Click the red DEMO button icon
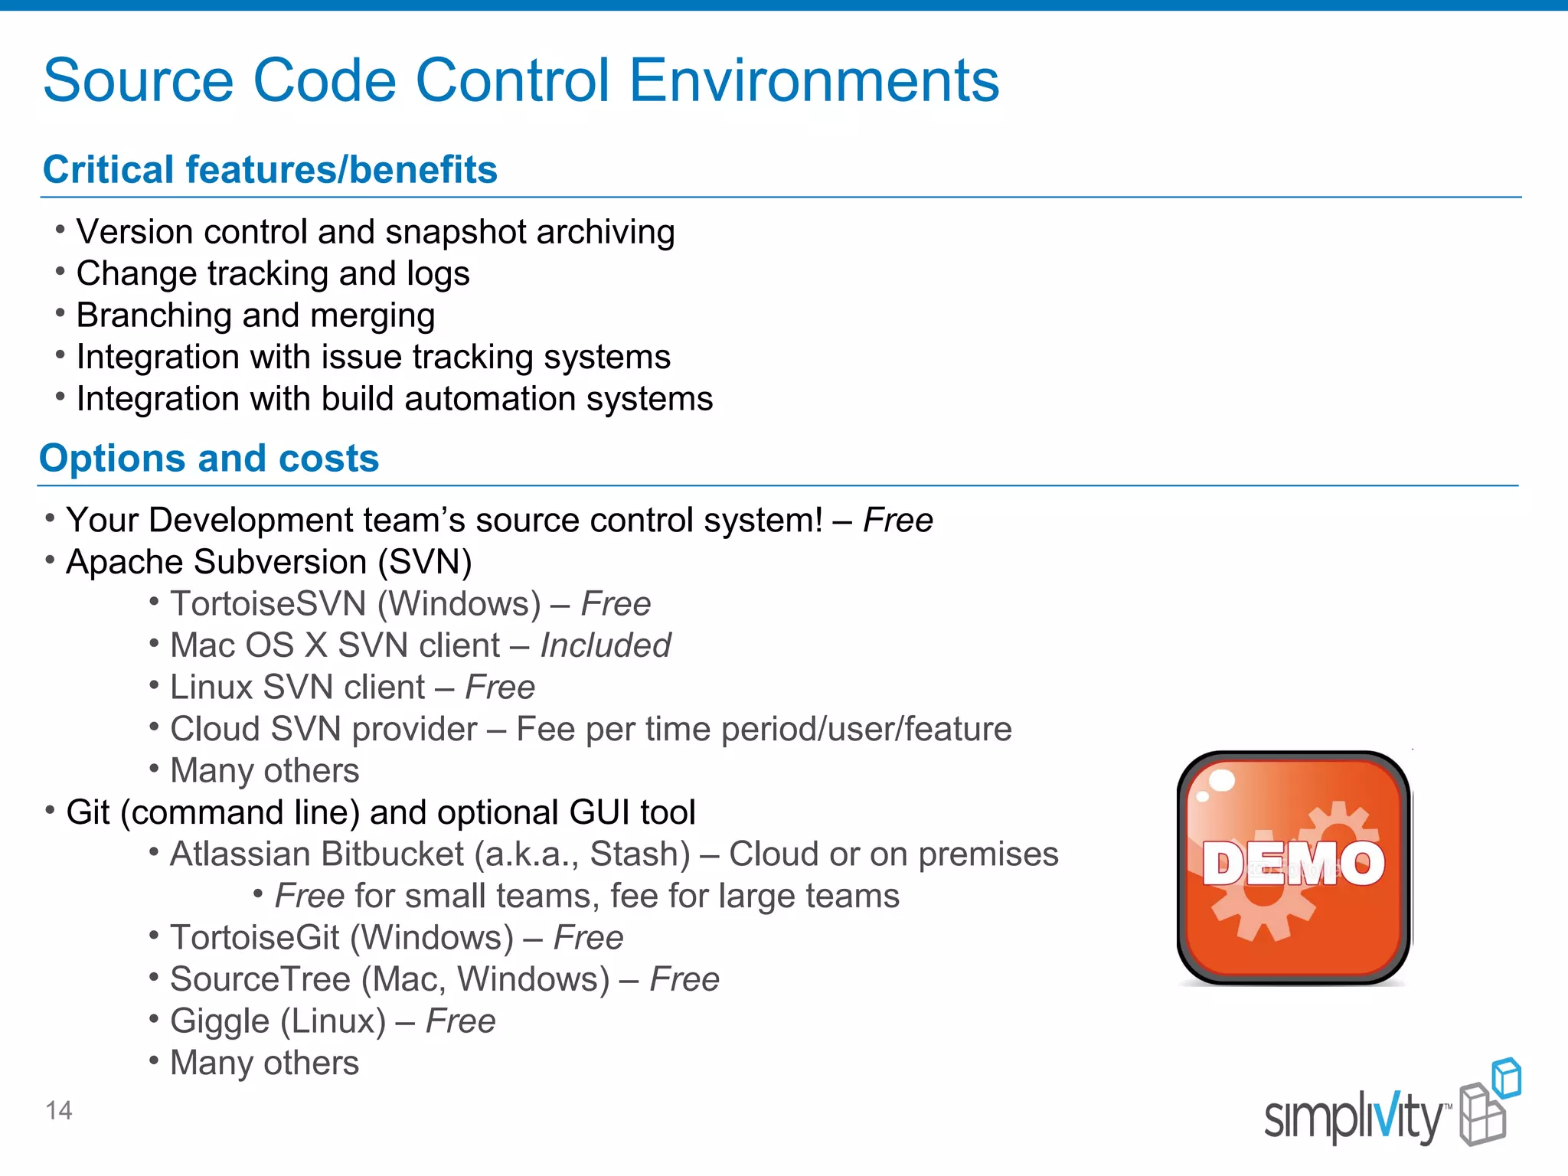click(x=1294, y=867)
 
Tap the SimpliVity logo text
click(x=1353, y=1119)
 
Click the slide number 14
click(x=59, y=1110)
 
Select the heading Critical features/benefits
click(x=269, y=169)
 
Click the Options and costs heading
click(x=209, y=458)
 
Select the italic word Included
click(x=605, y=645)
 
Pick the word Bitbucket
click(x=390, y=854)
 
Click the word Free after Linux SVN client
click(x=500, y=687)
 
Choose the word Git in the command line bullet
click(x=88, y=812)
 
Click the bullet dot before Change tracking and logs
click(x=60, y=271)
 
